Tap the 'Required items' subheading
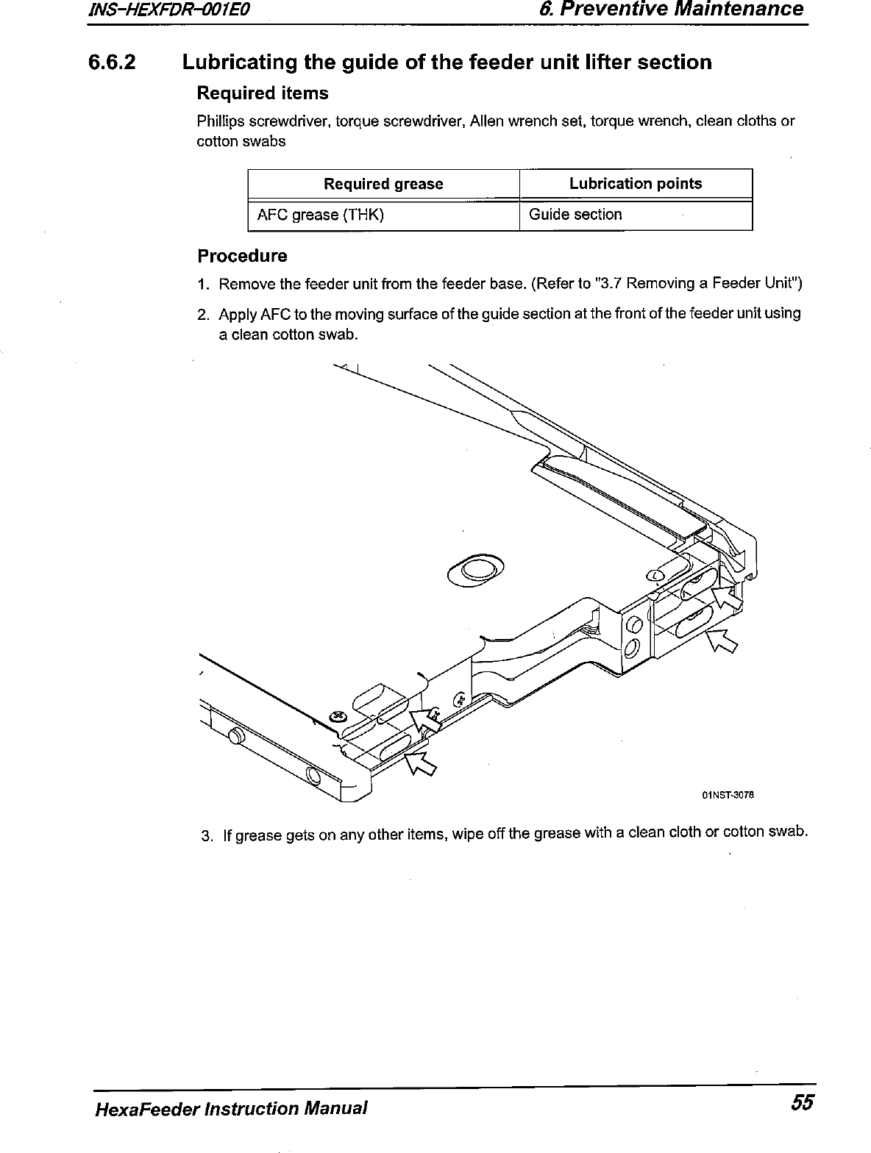click(x=262, y=93)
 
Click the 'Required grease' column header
click(x=383, y=184)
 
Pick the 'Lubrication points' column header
click(x=636, y=183)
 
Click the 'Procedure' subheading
click(x=242, y=256)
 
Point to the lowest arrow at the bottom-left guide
click(x=420, y=763)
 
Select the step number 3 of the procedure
click(x=207, y=836)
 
